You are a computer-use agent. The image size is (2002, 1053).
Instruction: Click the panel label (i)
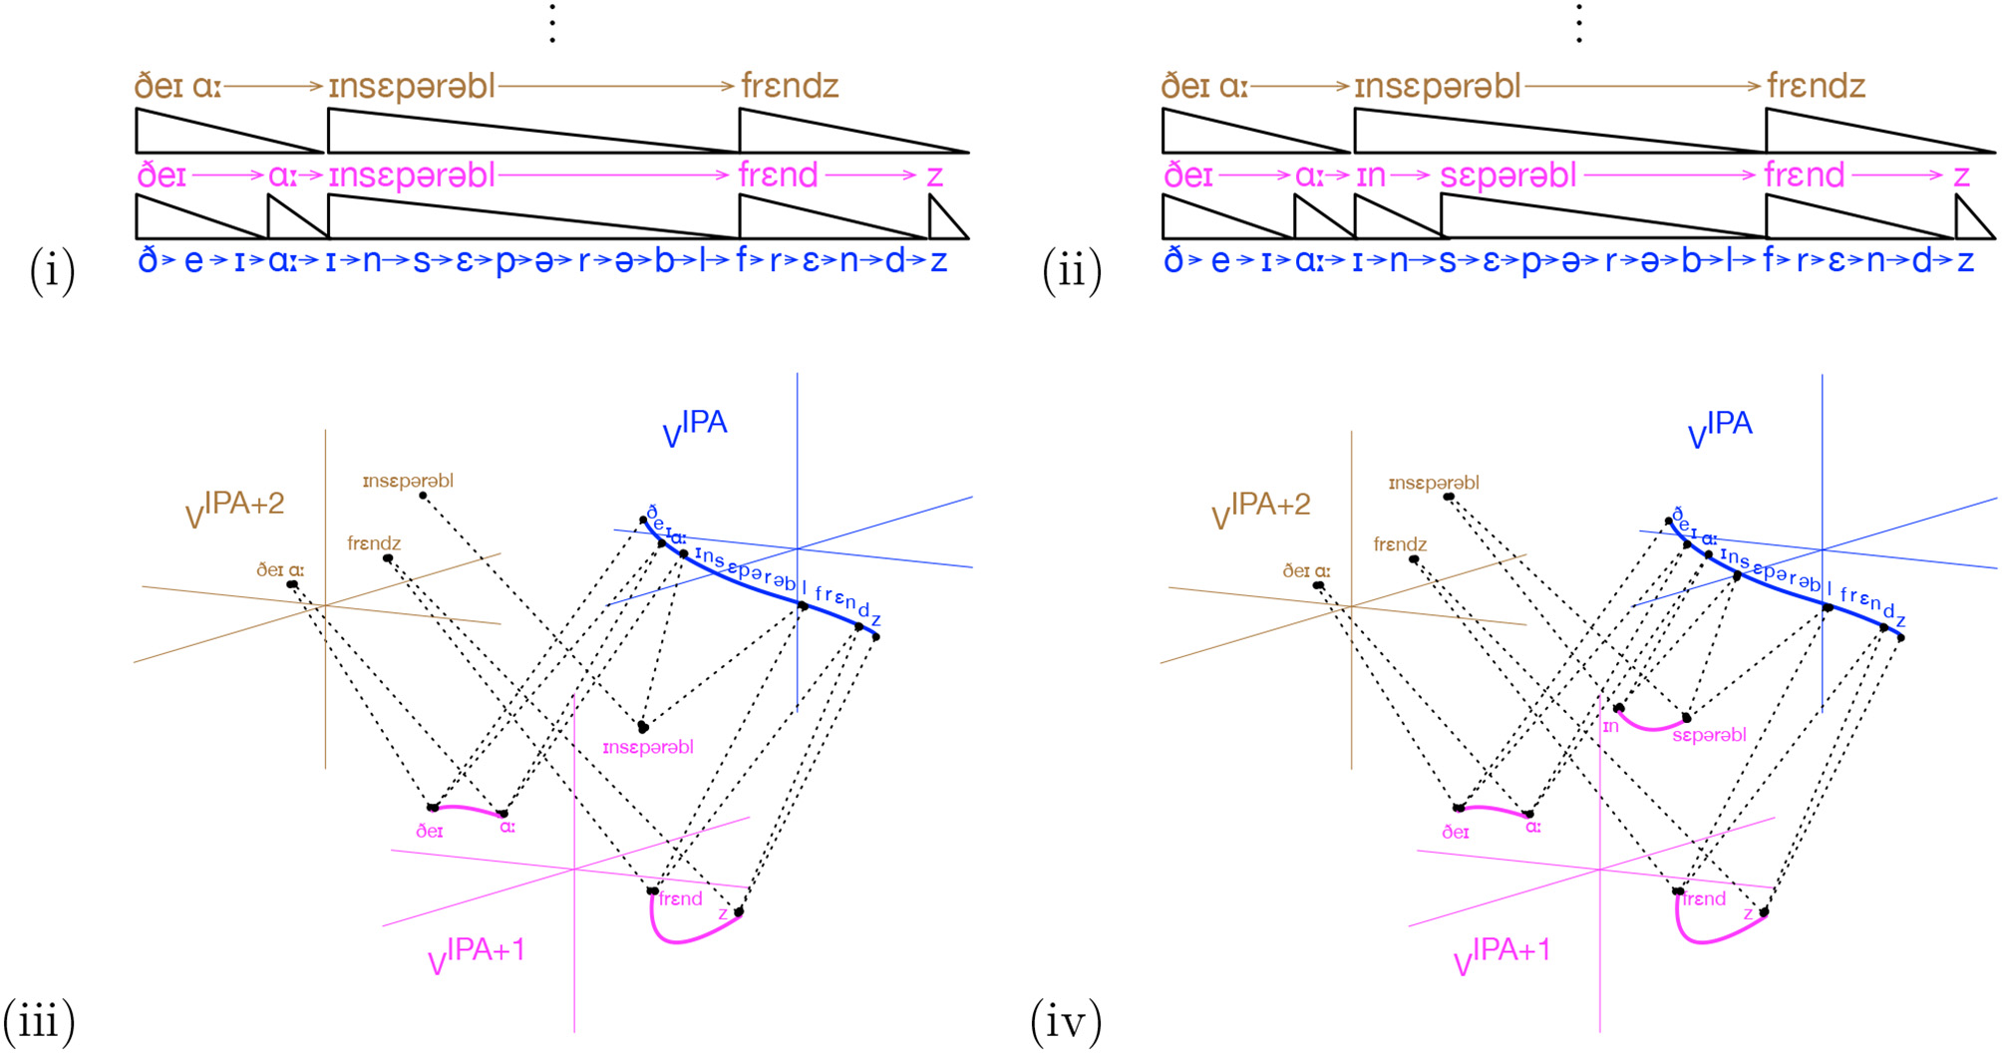[53, 270]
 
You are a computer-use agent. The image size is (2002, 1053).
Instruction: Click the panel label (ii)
[1072, 270]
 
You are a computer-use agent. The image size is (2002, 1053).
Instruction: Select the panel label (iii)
[40, 1021]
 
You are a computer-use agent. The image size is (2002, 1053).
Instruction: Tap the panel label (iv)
[1065, 1021]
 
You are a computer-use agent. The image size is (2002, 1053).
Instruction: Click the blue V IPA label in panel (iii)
[695, 428]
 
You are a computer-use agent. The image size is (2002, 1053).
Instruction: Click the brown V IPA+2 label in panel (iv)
[1260, 510]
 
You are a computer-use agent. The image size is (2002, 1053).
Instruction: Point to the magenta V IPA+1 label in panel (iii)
[476, 955]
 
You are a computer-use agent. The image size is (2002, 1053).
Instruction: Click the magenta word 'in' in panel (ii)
[1371, 175]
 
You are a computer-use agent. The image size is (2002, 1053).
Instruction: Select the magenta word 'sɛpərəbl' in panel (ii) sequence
[1507, 175]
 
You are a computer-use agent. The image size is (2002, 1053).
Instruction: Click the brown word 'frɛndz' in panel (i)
[790, 86]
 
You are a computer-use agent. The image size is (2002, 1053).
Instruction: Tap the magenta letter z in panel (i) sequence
[934, 175]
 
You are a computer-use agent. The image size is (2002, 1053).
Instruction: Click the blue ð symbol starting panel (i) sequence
[148, 260]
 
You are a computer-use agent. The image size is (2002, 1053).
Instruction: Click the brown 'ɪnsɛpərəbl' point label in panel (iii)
[408, 481]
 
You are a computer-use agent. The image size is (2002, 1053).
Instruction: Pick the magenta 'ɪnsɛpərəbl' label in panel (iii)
[648, 747]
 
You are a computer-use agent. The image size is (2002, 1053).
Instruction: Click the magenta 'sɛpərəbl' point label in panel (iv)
[1709, 735]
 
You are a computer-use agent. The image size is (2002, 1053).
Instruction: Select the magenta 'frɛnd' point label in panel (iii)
[680, 898]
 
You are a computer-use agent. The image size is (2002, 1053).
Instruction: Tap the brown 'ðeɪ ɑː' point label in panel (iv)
[1306, 570]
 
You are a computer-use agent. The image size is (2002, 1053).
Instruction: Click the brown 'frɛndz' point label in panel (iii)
[374, 542]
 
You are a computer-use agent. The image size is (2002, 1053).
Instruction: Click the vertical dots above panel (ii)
[1579, 23]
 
